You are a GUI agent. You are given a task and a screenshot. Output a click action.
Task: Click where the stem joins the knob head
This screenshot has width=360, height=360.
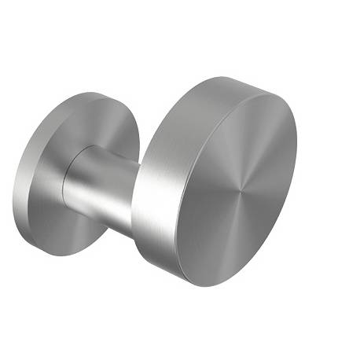(x=135, y=197)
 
